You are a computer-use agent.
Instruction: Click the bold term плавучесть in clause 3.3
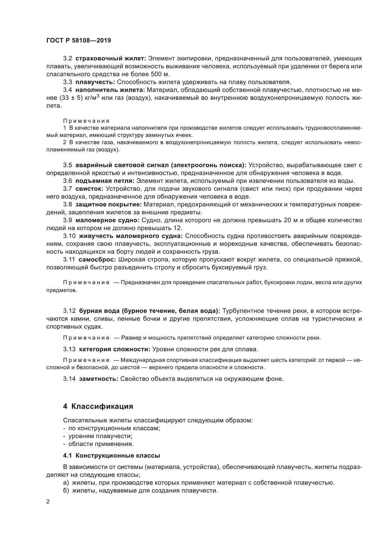(x=96, y=82)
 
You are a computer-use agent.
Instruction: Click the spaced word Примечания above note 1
(x=86, y=121)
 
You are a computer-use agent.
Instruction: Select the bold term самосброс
(x=97, y=260)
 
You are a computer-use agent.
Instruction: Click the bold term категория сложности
(x=114, y=349)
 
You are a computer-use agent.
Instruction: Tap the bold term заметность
(x=98, y=379)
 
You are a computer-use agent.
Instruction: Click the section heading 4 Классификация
(x=98, y=406)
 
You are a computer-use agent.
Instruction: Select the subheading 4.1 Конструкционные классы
(x=111, y=455)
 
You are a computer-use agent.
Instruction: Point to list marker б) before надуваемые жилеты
(x=66, y=491)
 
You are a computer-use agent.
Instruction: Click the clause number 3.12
(x=69, y=311)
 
